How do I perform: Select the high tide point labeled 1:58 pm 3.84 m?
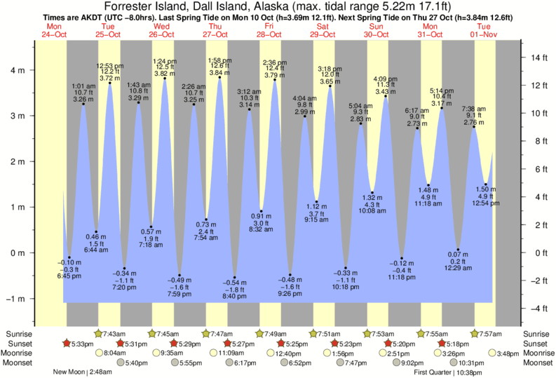(x=219, y=77)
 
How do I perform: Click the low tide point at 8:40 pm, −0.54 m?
(x=234, y=278)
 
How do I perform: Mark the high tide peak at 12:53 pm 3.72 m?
(x=110, y=83)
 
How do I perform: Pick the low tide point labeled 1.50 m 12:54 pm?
(x=485, y=184)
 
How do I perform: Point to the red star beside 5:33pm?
(x=67, y=344)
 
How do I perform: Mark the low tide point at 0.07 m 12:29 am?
(x=458, y=250)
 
